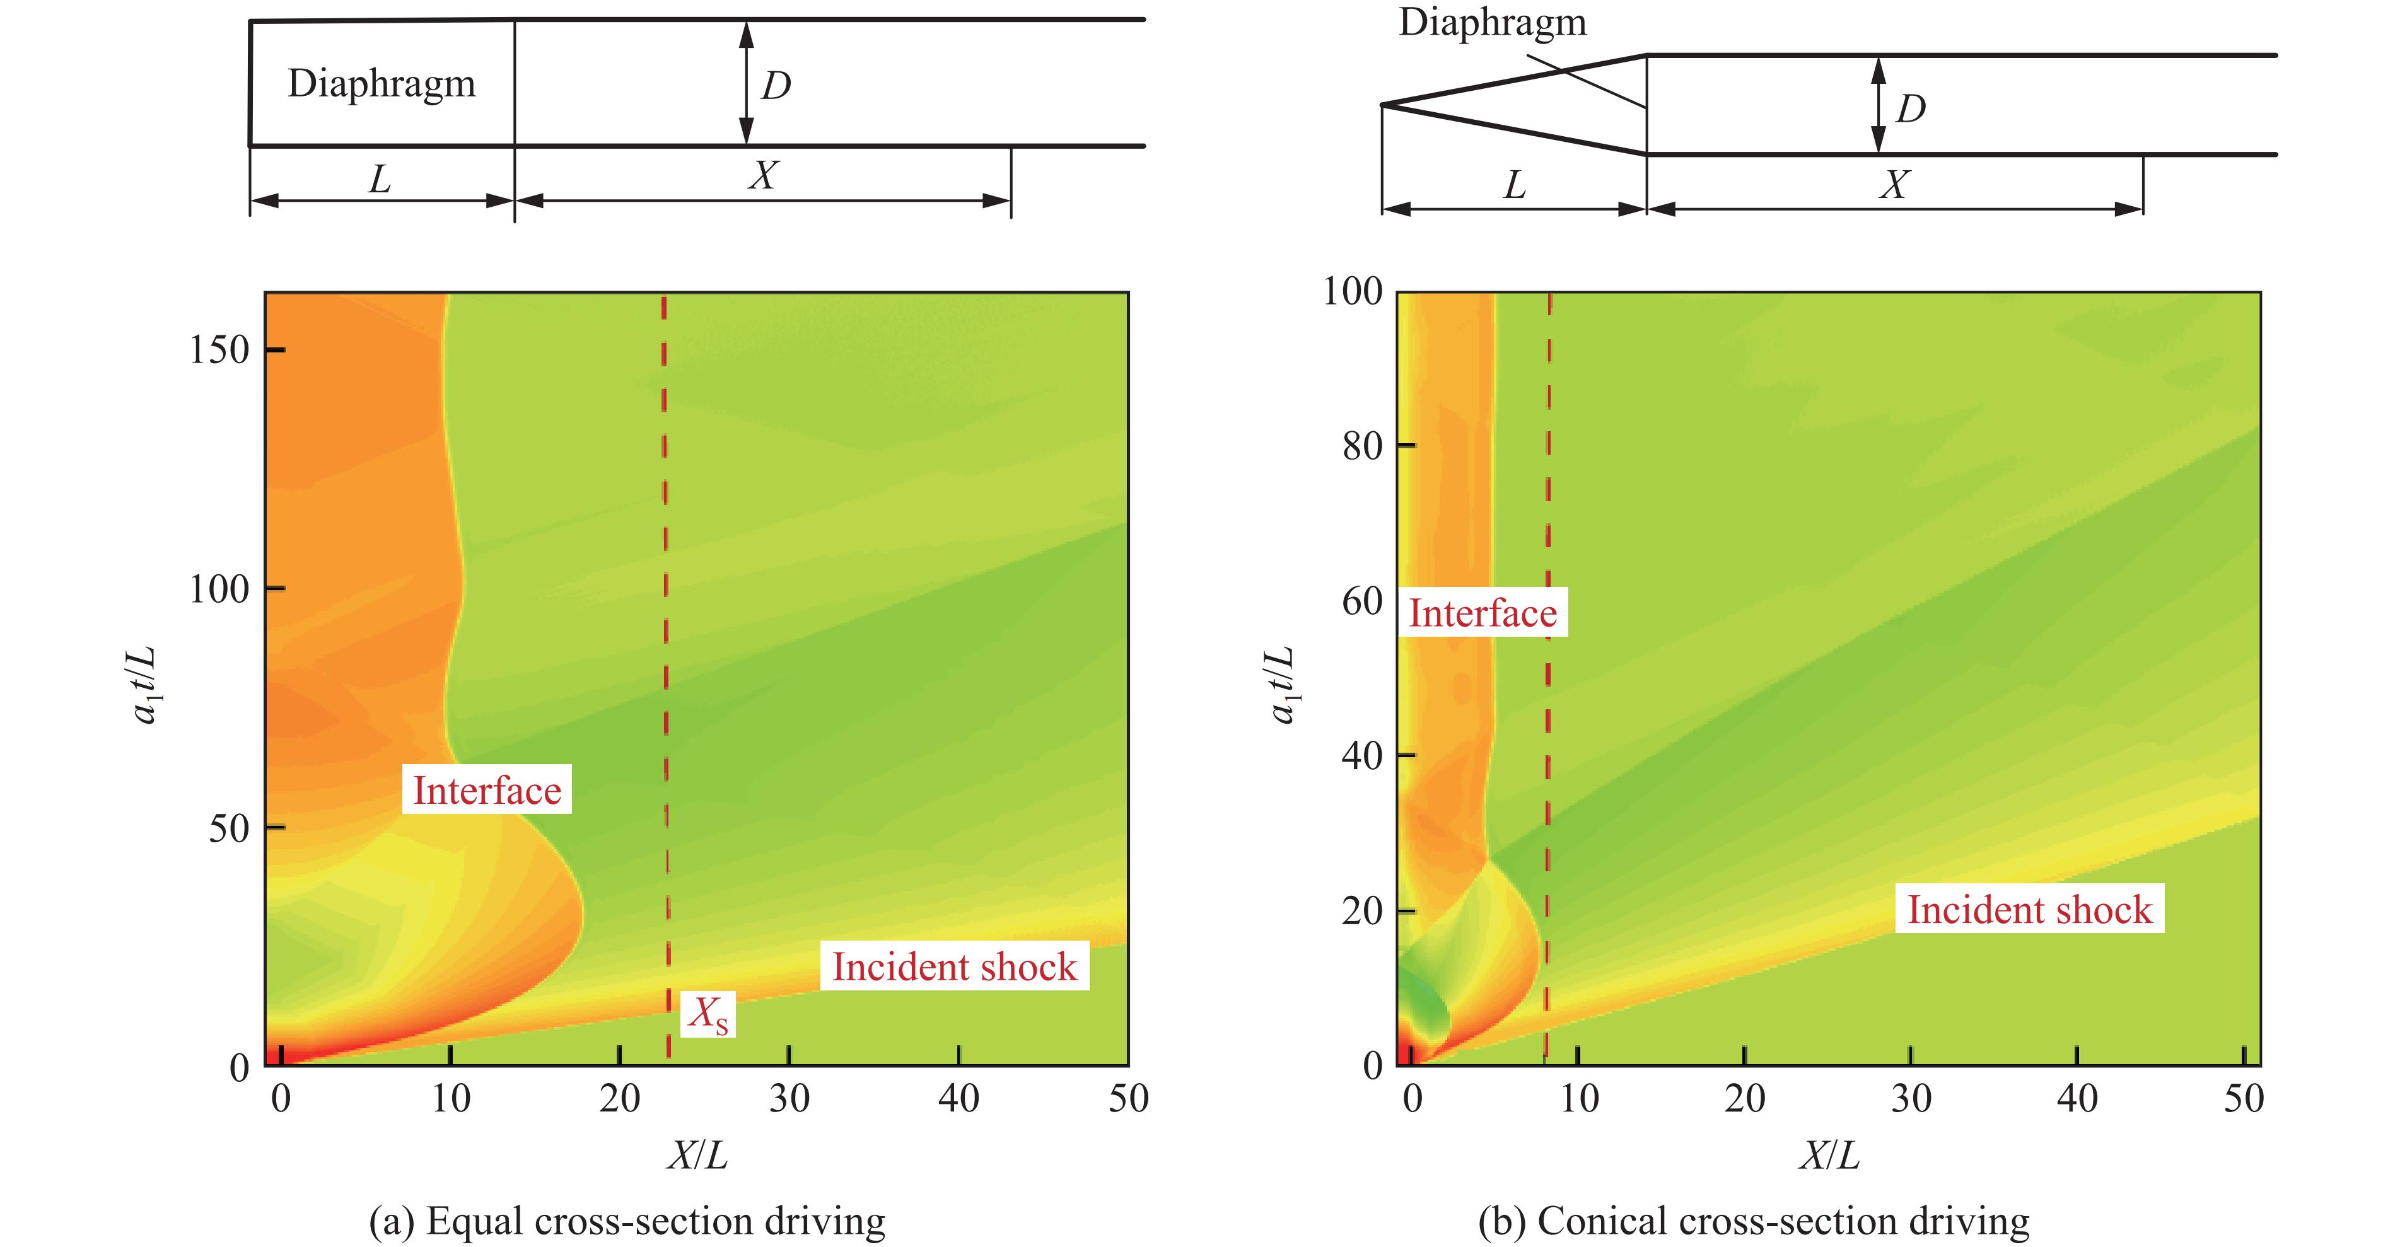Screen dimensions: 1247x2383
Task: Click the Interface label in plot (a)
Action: pyautogui.click(x=487, y=790)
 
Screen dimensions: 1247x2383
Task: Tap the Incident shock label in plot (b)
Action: pyautogui.click(x=2030, y=909)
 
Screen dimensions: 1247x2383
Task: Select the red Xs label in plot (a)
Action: pyautogui.click(x=708, y=1016)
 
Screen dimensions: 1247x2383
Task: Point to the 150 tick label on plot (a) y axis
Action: pyautogui.click(x=219, y=350)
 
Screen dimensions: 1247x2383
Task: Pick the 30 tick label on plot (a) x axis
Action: pyautogui.click(x=789, y=1099)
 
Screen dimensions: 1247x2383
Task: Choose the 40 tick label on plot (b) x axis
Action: pyautogui.click(x=2077, y=1099)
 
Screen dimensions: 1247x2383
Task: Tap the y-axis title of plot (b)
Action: pyautogui.click(x=1281, y=685)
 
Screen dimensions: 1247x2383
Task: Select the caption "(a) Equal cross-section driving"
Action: pyautogui.click(x=627, y=1221)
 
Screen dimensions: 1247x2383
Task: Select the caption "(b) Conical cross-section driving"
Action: pyautogui.click(x=1753, y=1221)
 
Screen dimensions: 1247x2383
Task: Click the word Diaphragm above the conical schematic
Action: pyautogui.click(x=1491, y=21)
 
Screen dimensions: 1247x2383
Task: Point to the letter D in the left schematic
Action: pyautogui.click(x=775, y=86)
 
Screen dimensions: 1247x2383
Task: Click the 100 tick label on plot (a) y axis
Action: pyautogui.click(x=219, y=589)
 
